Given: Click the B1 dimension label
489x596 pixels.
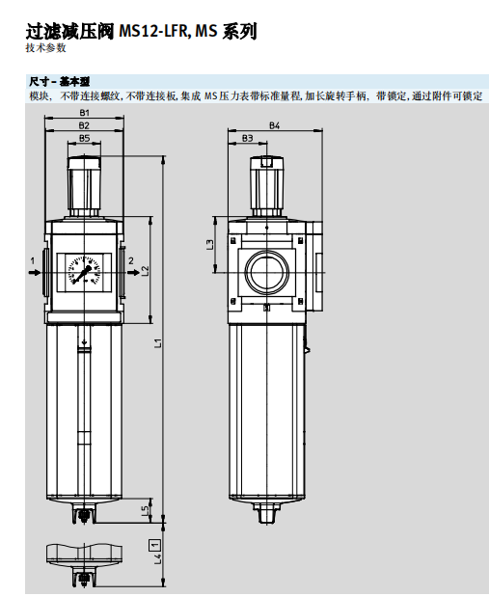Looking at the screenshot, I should [x=84, y=114].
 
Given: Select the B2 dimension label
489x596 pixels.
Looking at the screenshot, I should [x=84, y=125].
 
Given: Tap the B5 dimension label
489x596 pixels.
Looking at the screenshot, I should [x=84, y=139].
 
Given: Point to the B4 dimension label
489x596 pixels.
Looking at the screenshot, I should [x=274, y=126].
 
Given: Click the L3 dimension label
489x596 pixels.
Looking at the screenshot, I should [x=211, y=245].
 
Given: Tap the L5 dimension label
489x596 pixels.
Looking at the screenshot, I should [x=145, y=509].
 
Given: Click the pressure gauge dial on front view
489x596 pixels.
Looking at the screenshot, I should [x=84, y=271].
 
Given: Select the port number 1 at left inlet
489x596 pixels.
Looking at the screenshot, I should [x=33, y=260].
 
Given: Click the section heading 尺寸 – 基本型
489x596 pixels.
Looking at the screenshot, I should [x=56, y=83].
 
